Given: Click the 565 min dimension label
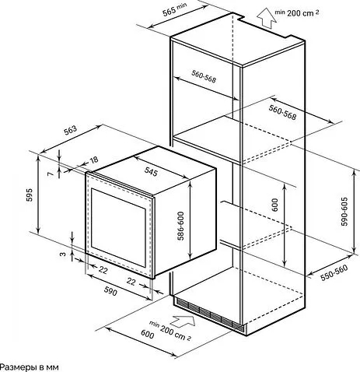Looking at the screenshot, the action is click(174, 10).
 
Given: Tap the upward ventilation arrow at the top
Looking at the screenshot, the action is click(267, 18).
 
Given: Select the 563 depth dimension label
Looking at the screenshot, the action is click(71, 129).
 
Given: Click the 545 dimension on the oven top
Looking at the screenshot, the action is click(151, 171).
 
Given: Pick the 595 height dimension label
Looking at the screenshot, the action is click(30, 195).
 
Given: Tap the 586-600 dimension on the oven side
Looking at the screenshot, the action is click(180, 226).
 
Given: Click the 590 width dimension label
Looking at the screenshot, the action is click(110, 291).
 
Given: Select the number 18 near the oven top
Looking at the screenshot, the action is click(93, 160).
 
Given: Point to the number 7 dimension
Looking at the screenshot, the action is click(51, 174).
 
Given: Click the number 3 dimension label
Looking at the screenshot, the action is click(63, 254).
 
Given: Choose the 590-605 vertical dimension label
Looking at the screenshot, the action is click(344, 212).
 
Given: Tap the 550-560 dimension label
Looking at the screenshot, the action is click(334, 273).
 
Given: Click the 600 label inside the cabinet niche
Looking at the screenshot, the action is click(275, 205).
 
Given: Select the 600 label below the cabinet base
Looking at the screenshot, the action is click(147, 334).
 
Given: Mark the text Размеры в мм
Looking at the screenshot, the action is click(30, 367).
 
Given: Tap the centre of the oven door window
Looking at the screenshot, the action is click(118, 227).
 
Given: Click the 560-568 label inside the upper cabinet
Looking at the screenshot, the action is click(204, 76).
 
